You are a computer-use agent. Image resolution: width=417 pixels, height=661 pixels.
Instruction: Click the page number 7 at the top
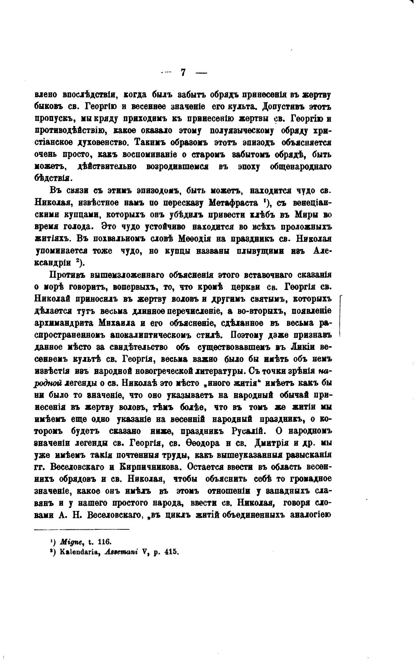[183, 72]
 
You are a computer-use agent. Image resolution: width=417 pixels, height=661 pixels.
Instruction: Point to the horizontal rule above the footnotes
[82, 529]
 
